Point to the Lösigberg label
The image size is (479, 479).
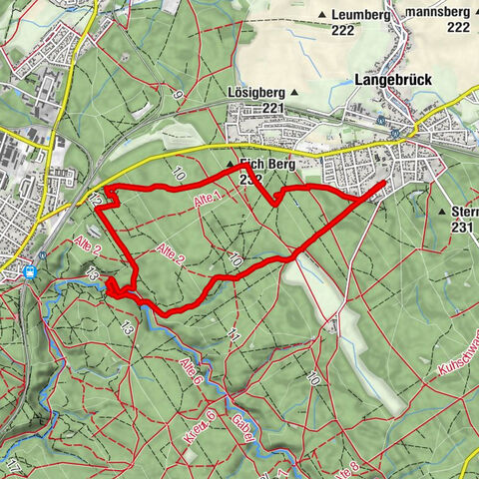click(253, 92)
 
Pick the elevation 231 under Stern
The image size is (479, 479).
click(460, 228)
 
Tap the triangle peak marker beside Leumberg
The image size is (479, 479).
click(322, 14)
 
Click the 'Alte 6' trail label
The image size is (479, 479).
click(190, 371)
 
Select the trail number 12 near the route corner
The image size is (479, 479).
click(95, 200)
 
